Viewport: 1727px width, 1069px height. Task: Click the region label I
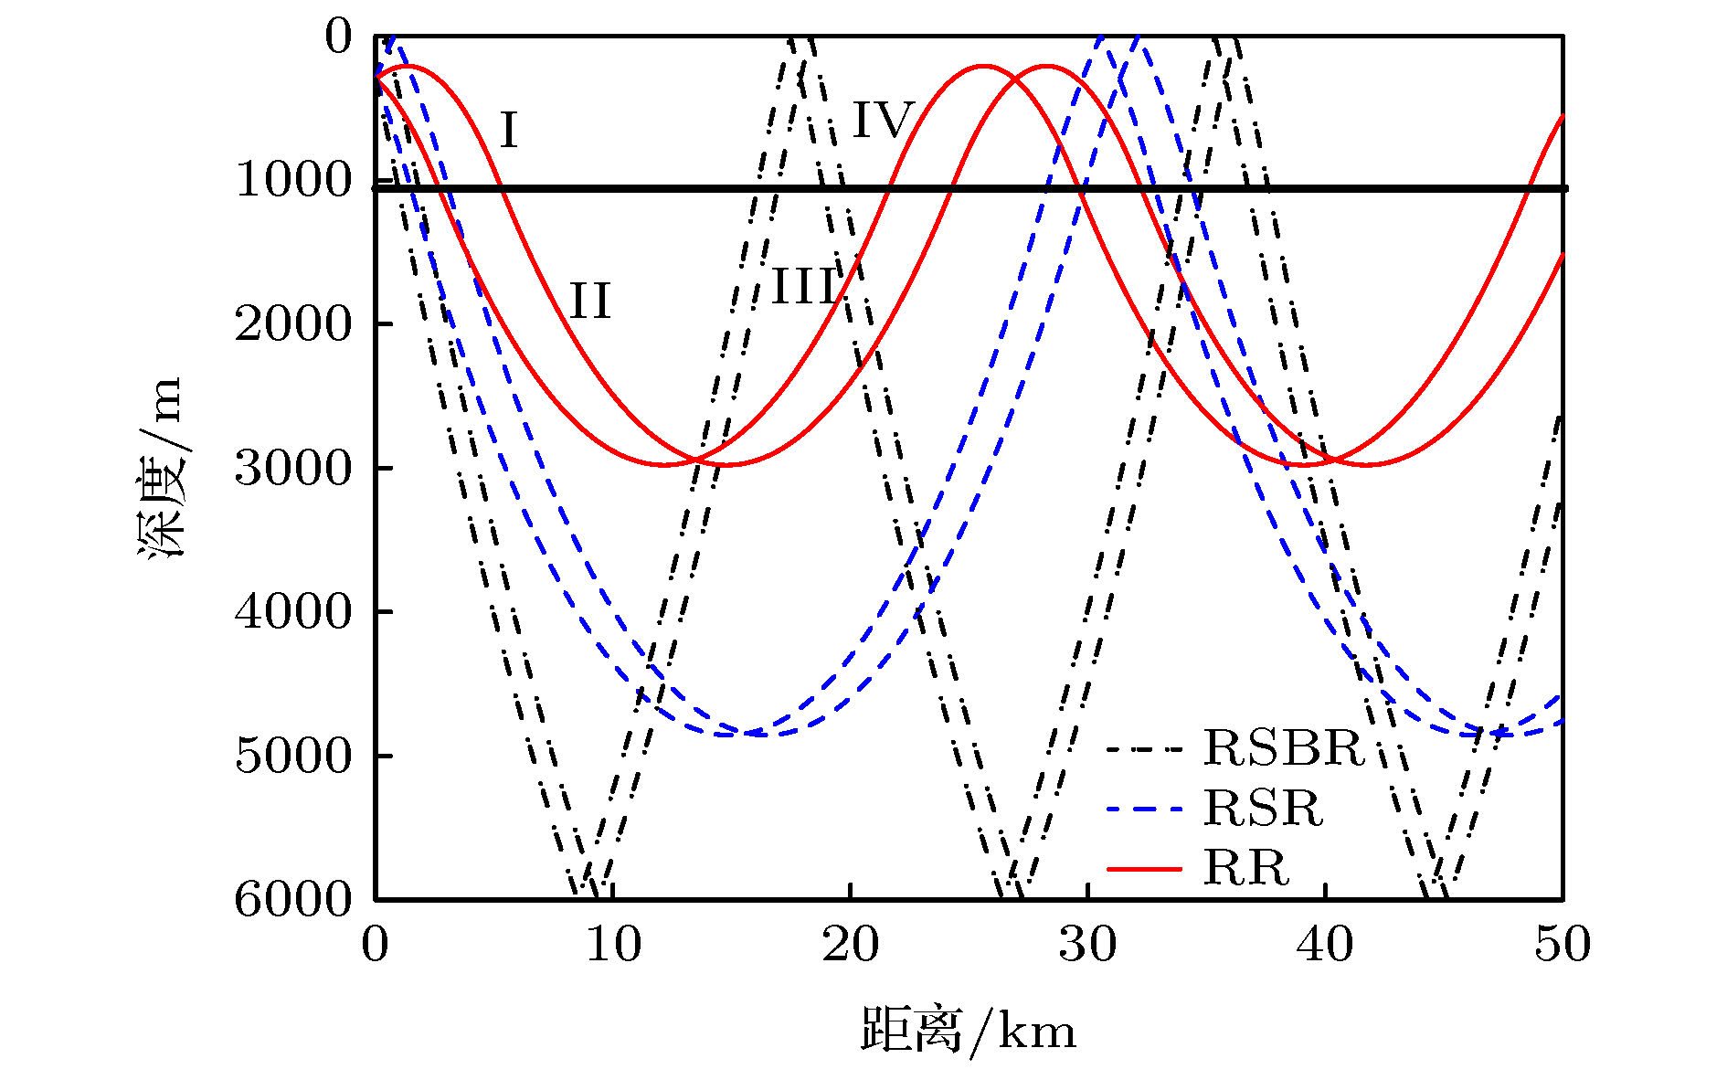coord(509,130)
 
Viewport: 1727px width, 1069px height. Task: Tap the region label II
coord(589,301)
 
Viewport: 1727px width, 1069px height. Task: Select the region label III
coord(805,287)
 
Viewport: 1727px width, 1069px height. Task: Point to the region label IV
coord(883,120)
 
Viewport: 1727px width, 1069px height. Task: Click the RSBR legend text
coord(1283,747)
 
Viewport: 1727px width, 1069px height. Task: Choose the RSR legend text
coord(1263,808)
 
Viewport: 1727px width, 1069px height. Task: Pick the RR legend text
coord(1245,867)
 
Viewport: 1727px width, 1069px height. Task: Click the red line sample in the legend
coord(1144,868)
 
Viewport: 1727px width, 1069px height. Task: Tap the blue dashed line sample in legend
coord(1144,809)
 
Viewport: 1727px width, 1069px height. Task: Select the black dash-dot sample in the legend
coord(1144,749)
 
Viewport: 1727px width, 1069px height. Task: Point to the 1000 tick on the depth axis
coord(293,180)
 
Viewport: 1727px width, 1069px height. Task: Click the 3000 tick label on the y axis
coord(293,468)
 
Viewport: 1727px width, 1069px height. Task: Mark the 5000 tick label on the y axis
coord(293,756)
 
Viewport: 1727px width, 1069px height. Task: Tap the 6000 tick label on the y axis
coord(293,899)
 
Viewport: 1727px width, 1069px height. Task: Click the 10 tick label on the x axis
coord(613,944)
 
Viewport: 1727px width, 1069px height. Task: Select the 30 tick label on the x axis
coord(1087,944)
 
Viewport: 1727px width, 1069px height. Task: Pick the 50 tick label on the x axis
coord(1563,944)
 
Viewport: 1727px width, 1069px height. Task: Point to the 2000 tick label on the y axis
coord(293,324)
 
